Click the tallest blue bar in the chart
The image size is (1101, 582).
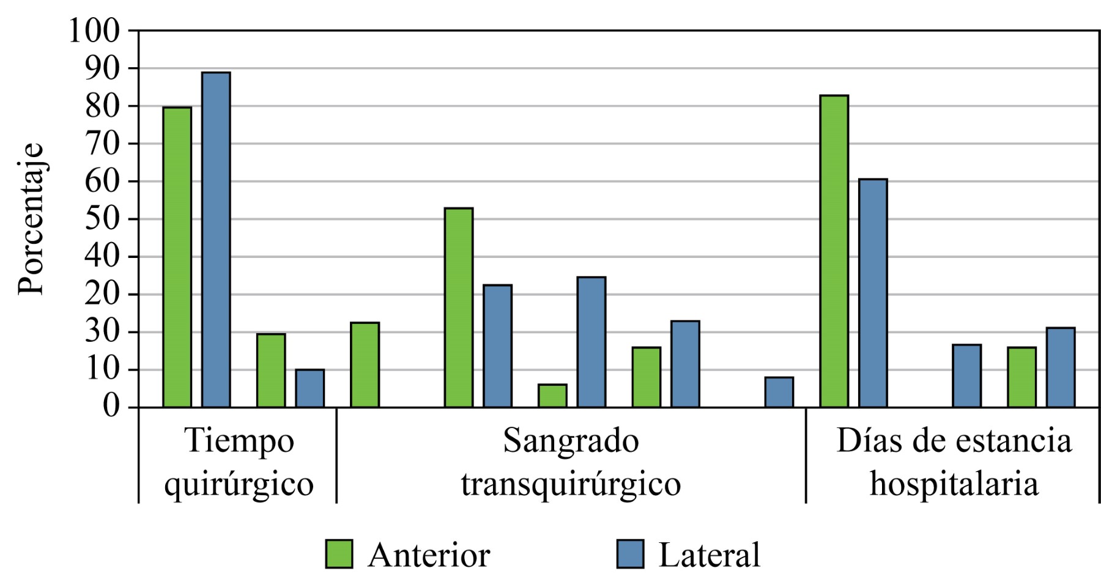point(216,240)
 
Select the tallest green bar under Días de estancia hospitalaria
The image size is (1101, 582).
point(834,251)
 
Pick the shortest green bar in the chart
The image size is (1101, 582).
point(552,396)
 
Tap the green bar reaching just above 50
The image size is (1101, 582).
point(459,308)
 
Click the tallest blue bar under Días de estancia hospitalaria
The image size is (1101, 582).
point(873,293)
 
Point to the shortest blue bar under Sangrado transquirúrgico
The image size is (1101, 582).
point(779,392)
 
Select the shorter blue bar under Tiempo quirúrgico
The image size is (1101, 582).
point(310,388)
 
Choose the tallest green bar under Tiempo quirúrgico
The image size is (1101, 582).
point(177,257)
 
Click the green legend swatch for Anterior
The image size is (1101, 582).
point(339,554)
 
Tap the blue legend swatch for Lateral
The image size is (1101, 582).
point(629,554)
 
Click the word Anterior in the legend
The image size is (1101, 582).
point(429,555)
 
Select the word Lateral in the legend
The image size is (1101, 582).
point(709,555)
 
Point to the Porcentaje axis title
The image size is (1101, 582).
point(31,219)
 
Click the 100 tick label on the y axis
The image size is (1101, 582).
point(94,31)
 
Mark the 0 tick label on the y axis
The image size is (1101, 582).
point(111,407)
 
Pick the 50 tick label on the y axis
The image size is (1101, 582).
point(102,219)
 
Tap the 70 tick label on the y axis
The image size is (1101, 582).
point(102,144)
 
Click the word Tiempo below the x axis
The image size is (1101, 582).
point(239,441)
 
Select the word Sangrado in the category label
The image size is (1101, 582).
point(571,441)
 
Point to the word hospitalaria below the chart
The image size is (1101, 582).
point(954,484)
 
